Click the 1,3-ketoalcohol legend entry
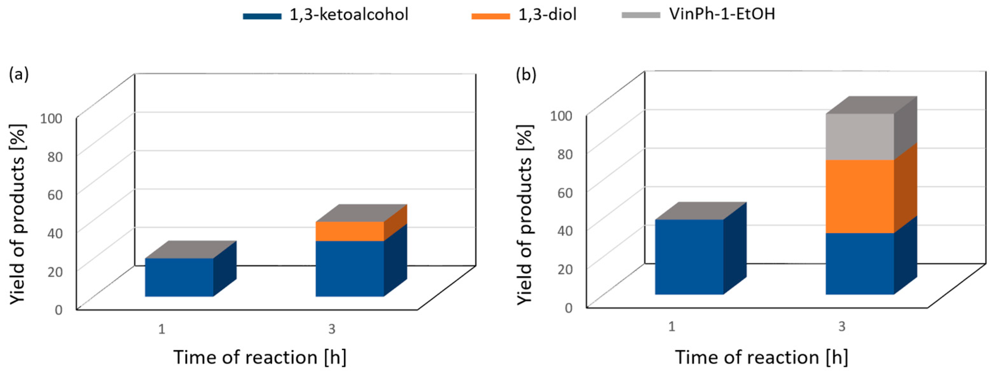tap(325, 15)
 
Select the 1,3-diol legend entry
tap(524, 15)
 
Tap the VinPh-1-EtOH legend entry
tap(698, 15)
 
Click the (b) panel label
tap(526, 75)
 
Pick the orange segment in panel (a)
tap(349, 231)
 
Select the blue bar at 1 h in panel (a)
tap(179, 277)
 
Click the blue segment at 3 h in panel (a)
tap(349, 269)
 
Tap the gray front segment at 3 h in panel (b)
tap(860, 137)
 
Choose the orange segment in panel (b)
tap(860, 196)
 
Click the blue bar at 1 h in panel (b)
tap(689, 257)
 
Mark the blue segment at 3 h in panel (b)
tap(860, 263)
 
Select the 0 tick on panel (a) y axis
tap(58, 310)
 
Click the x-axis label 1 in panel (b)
tap(672, 327)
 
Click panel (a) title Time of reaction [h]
tap(260, 357)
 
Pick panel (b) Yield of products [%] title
tap(525, 215)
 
